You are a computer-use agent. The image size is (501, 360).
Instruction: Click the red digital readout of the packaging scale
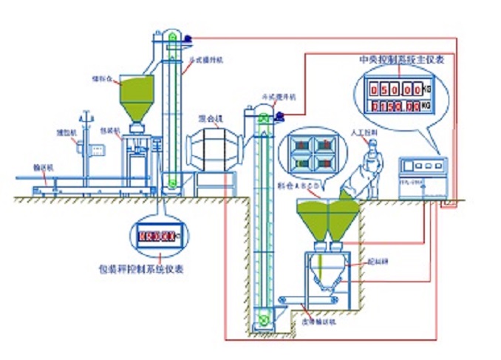click(157, 236)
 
